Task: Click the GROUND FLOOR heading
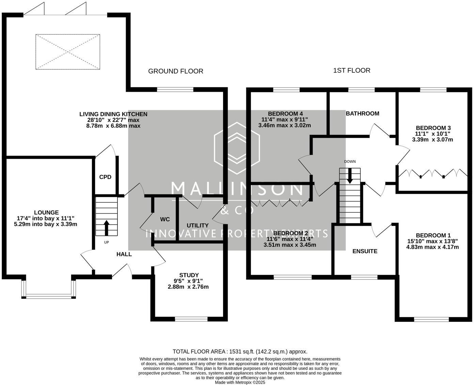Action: coord(176,71)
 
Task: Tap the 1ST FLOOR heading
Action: coord(352,71)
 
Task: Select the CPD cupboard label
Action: coord(105,177)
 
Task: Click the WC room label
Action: coord(165,220)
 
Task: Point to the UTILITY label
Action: coord(197,226)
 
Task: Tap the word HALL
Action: coord(124,254)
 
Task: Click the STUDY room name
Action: coord(189,275)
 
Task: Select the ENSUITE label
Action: coord(365,251)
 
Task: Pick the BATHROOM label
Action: coord(363,114)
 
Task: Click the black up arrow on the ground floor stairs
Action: coord(107,228)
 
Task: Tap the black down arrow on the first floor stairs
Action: coord(350,176)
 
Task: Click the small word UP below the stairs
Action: coord(107,242)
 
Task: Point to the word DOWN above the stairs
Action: coord(350,162)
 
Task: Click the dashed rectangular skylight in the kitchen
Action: coord(68,52)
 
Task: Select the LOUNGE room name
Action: coord(47,212)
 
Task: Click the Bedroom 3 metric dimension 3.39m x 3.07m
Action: coord(432,140)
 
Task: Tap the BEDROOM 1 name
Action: coord(430,235)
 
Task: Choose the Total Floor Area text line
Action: coord(240,352)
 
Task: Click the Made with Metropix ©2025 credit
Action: coord(240,383)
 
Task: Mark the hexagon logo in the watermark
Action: coord(237,148)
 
